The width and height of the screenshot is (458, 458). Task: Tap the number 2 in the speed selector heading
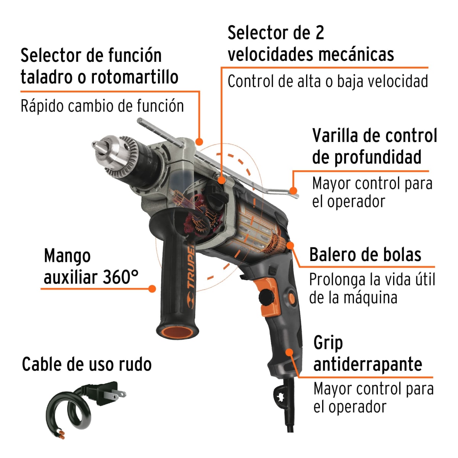(319, 33)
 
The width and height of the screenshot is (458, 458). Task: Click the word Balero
(331, 255)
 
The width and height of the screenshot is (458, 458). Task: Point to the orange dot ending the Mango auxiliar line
(152, 289)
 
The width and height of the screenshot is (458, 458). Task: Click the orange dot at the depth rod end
(293, 190)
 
